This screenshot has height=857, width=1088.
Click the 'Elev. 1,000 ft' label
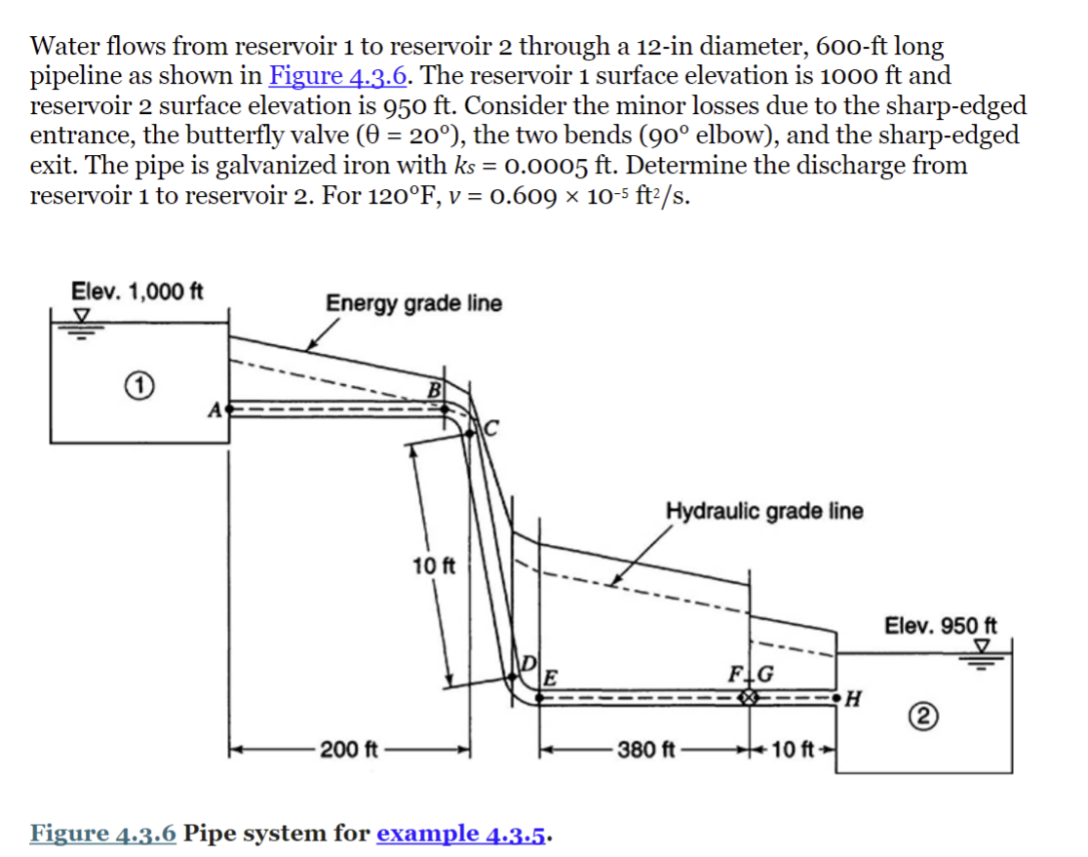(x=137, y=290)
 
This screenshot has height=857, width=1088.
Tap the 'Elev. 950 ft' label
(x=941, y=625)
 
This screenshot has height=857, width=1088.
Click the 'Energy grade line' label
(x=414, y=303)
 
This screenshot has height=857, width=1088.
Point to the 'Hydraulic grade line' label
(x=764, y=511)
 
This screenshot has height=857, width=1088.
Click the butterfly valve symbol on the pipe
(x=748, y=698)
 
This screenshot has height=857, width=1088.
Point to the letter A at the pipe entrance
(x=214, y=409)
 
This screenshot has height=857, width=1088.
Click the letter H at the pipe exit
(x=856, y=698)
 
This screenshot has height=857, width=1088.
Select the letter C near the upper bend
(x=491, y=427)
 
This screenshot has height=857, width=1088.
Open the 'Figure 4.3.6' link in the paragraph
(x=337, y=75)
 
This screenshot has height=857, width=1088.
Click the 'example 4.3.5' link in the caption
(x=463, y=834)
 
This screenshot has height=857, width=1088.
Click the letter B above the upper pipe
(x=434, y=391)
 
